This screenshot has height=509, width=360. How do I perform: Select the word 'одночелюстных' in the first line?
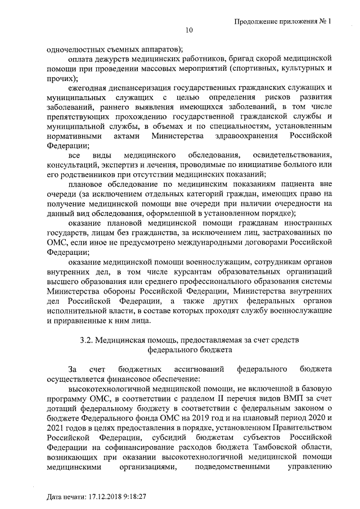[73, 48]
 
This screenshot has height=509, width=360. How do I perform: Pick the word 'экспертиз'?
[119, 164]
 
